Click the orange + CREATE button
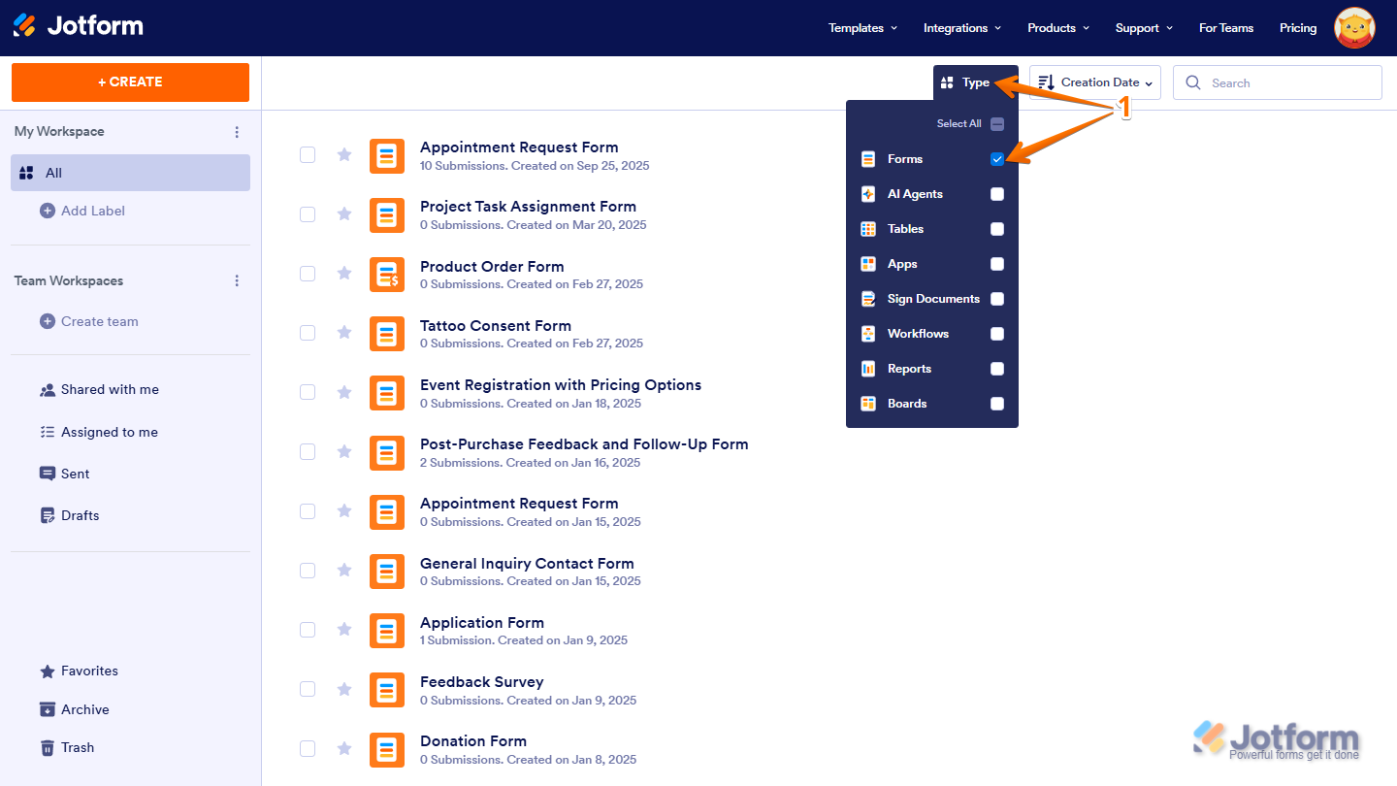(x=130, y=82)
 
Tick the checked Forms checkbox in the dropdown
(x=997, y=159)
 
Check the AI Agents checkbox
(x=997, y=194)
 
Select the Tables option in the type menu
(x=905, y=229)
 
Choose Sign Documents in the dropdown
(x=932, y=299)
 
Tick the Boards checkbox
(x=997, y=404)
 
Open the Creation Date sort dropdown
(x=1095, y=82)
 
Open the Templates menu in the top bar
(x=861, y=28)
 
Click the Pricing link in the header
(x=1297, y=28)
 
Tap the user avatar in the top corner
(x=1354, y=28)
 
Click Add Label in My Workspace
(x=92, y=211)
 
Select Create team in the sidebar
(x=99, y=321)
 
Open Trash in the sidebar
(x=77, y=747)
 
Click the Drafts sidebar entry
(x=80, y=515)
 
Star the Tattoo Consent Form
(x=343, y=333)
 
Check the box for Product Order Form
(x=308, y=274)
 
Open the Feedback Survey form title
(x=481, y=681)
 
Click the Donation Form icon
(x=387, y=749)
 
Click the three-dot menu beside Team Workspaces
(x=237, y=280)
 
